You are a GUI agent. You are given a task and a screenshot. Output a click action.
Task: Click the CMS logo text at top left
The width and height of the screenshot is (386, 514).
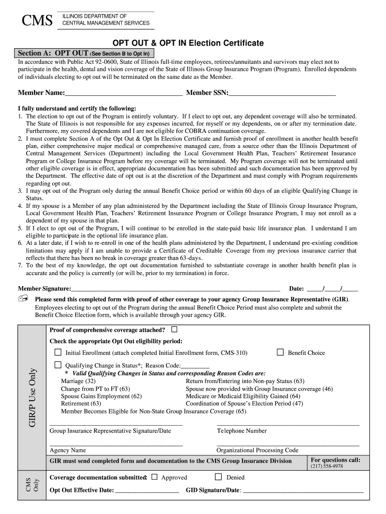click(x=35, y=21)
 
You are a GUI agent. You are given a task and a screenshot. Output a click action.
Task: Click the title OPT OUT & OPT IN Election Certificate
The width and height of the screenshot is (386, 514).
click(x=187, y=44)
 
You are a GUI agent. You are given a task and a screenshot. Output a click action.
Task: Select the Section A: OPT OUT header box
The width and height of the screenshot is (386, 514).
click(x=86, y=53)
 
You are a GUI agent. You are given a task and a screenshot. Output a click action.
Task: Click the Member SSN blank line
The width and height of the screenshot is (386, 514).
click(x=282, y=93)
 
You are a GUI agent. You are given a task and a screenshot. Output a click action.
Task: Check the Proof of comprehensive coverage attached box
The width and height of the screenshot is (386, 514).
click(x=174, y=330)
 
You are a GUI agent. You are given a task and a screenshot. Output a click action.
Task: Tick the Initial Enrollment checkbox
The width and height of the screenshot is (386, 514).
click(x=58, y=352)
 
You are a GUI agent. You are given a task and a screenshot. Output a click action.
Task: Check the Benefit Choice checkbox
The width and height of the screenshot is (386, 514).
click(x=280, y=352)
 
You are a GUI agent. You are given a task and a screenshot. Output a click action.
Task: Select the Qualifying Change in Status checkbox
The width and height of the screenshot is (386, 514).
click(x=58, y=365)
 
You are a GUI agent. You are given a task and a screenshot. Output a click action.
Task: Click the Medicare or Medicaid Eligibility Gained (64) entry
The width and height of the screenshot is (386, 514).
click(x=243, y=396)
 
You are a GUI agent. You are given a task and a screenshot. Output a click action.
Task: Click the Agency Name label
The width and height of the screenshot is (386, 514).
click(x=68, y=450)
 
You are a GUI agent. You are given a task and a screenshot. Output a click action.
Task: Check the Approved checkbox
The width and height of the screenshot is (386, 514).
click(x=154, y=477)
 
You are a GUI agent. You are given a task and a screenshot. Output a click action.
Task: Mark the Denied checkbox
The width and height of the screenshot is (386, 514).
click(x=218, y=477)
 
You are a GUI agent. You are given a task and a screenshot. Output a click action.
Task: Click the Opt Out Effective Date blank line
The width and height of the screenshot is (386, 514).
click(x=147, y=490)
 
